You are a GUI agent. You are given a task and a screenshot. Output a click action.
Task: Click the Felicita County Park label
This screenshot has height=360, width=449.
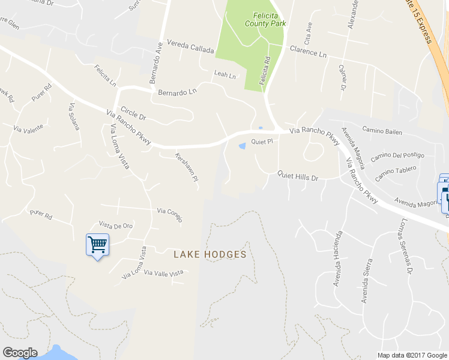(x=265, y=19)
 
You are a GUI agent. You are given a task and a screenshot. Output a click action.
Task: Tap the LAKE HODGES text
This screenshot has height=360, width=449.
(x=210, y=254)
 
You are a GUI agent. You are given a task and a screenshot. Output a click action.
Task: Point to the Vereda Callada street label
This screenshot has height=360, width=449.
(x=190, y=47)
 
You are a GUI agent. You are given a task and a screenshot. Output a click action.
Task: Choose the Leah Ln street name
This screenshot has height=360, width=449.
(x=225, y=75)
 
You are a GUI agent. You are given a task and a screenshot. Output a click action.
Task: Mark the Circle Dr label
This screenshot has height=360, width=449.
(x=134, y=113)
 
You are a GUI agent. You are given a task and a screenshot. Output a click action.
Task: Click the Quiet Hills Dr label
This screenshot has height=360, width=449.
(x=297, y=175)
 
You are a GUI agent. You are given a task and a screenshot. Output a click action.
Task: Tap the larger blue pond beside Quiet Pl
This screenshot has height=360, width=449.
(x=243, y=146)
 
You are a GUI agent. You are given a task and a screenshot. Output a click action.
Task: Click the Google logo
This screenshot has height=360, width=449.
(x=19, y=353)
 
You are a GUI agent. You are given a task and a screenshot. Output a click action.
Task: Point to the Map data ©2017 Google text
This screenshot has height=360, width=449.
(x=412, y=355)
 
